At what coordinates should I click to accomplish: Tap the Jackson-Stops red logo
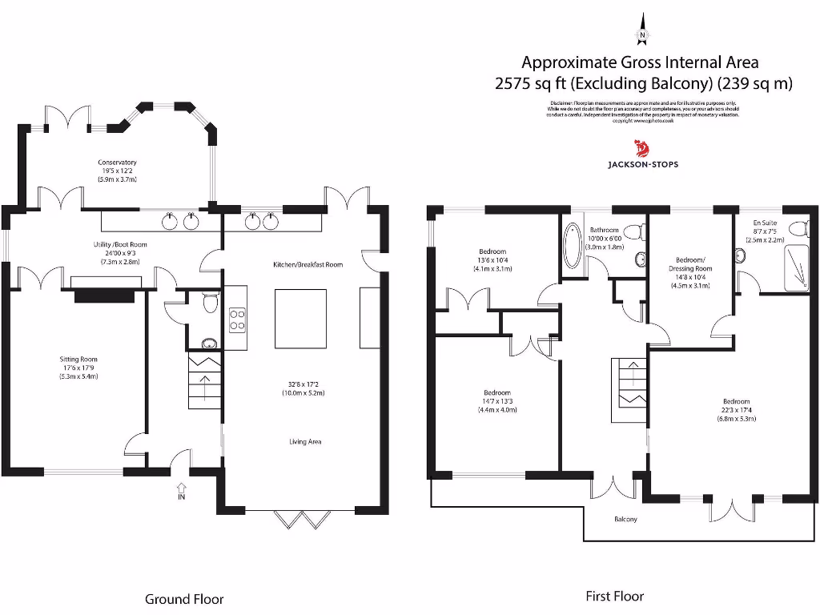click(641, 148)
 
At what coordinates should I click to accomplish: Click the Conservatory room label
click(118, 163)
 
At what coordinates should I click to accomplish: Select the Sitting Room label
click(78, 360)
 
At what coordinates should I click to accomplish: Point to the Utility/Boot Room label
click(120, 245)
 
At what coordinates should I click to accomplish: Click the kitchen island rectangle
click(301, 318)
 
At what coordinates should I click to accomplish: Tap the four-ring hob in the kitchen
click(238, 320)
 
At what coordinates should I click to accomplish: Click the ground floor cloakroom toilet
click(209, 303)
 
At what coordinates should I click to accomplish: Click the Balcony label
click(625, 520)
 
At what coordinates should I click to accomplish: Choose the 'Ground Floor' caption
click(184, 599)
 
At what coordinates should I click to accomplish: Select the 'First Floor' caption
click(615, 596)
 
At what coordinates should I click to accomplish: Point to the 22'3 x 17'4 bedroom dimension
click(736, 410)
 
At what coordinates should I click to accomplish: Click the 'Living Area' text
click(305, 441)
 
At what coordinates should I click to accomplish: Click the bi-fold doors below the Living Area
click(303, 519)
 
